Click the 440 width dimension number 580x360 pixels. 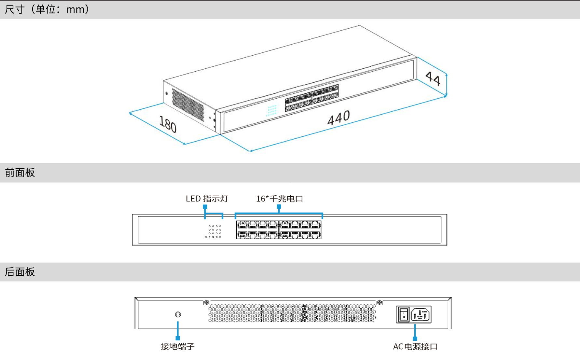tap(338, 118)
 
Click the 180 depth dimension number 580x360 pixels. tap(168, 124)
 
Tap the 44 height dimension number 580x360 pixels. tap(433, 78)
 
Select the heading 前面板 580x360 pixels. tap(20, 173)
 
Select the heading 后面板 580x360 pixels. tap(20, 272)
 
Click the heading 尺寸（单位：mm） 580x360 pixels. tap(47, 9)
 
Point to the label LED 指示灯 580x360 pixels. tap(207, 199)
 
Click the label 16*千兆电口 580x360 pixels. tap(280, 199)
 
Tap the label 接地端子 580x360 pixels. tap(177, 346)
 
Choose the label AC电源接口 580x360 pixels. tap(415, 347)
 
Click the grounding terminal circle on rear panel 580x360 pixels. tap(178, 314)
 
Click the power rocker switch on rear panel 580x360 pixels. tap(404, 314)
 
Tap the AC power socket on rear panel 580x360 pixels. tap(421, 315)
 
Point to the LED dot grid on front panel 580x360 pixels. tap(214, 231)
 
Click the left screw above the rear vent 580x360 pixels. tap(206, 302)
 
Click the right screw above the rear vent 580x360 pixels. tap(379, 302)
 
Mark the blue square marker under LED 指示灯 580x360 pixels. tap(205, 207)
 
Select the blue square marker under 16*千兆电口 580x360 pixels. tap(279, 207)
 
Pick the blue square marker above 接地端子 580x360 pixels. tap(178, 338)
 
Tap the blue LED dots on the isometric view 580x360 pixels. tap(271, 110)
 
